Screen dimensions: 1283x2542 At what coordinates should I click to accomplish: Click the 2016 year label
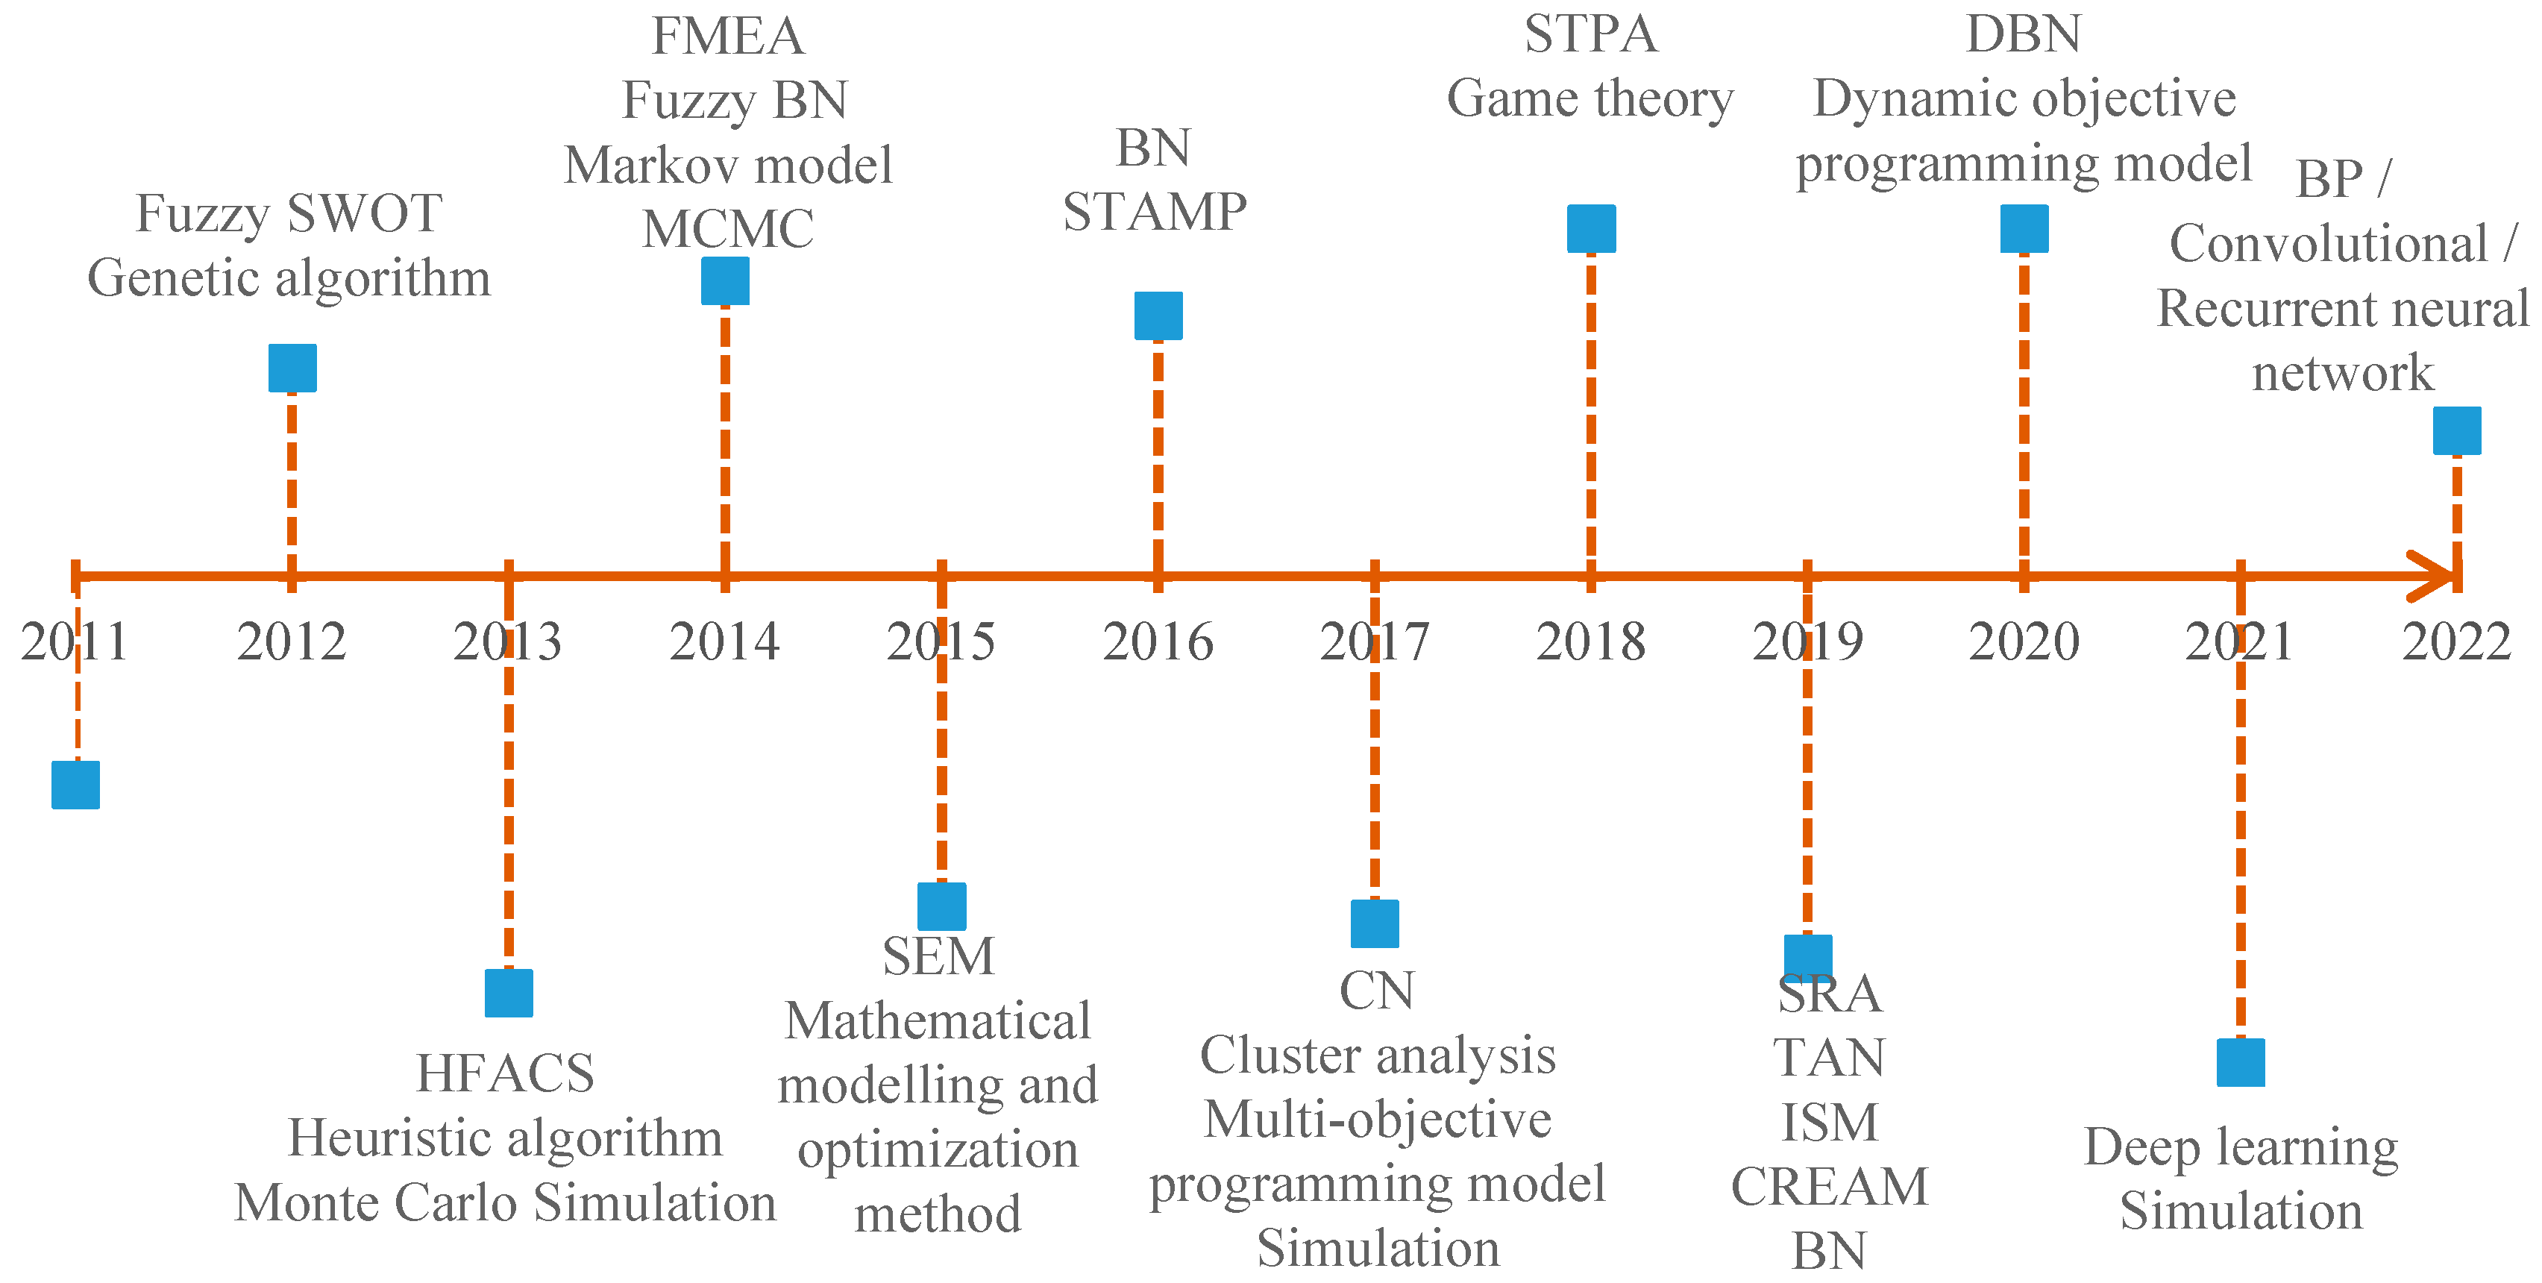(x=1158, y=642)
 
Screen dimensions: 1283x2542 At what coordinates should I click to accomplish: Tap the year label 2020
(x=2024, y=642)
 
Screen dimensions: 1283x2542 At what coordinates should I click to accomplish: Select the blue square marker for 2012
(x=292, y=368)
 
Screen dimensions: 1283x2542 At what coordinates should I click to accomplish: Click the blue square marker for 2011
(x=76, y=785)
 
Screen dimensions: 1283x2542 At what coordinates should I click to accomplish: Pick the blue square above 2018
(x=1591, y=229)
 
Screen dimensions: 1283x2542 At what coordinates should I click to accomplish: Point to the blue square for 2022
(x=2456, y=430)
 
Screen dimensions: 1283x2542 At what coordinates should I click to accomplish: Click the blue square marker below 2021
(x=2240, y=1062)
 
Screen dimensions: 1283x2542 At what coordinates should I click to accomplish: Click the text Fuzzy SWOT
(x=288, y=213)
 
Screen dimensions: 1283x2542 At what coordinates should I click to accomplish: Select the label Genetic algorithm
(x=288, y=278)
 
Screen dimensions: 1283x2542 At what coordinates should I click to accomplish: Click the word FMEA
(x=728, y=37)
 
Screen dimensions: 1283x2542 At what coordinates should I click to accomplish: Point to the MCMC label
(x=728, y=229)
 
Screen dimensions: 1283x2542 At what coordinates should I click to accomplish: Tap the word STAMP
(x=1155, y=212)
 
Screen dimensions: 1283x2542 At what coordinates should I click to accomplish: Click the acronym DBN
(x=2024, y=34)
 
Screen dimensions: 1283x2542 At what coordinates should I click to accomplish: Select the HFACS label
(x=505, y=1074)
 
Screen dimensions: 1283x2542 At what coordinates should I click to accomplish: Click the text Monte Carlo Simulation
(x=505, y=1203)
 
